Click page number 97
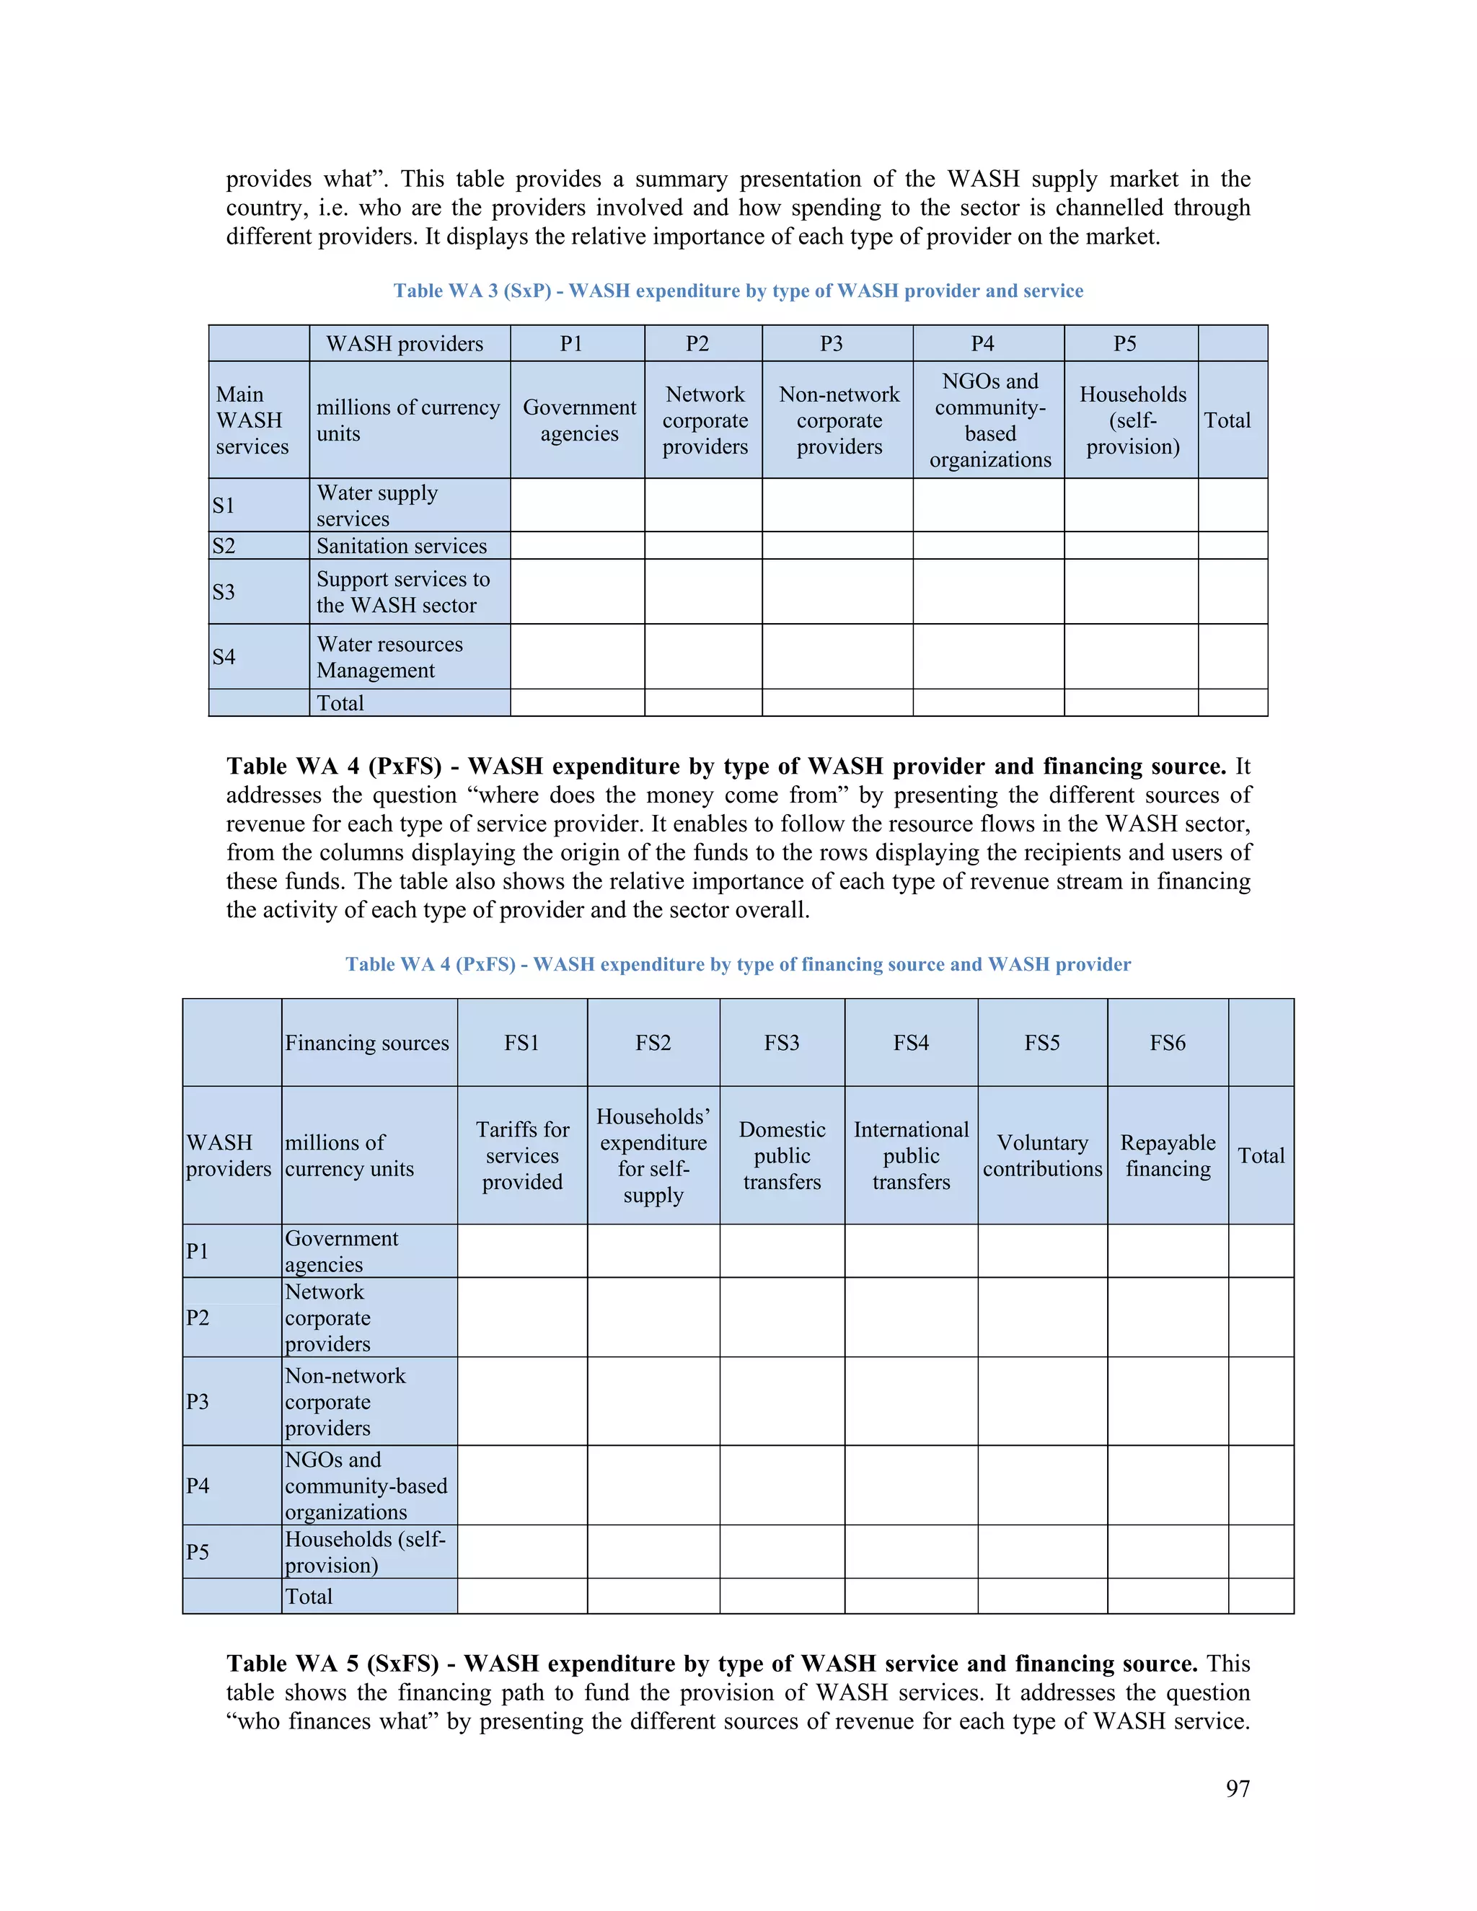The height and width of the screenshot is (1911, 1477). pos(1238,1788)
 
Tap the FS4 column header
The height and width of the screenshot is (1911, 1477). pos(910,1042)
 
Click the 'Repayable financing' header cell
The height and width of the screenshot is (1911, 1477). pos(1168,1155)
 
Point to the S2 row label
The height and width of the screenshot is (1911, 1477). pos(225,546)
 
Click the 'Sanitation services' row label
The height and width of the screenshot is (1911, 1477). pos(402,546)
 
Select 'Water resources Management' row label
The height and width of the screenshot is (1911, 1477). pos(389,656)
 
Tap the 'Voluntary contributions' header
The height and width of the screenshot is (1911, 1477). pos(1041,1155)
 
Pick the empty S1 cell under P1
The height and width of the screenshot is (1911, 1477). pos(578,505)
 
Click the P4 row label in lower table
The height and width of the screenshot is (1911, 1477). pos(198,1485)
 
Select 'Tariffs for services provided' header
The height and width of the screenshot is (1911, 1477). pos(522,1155)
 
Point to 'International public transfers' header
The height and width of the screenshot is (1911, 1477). pos(910,1155)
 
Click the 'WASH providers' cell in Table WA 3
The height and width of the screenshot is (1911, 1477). pos(405,344)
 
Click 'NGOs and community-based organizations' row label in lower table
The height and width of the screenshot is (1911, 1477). pos(366,1485)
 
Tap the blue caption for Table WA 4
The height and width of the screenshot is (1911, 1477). pos(738,964)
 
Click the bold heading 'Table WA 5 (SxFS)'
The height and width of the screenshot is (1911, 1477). pos(332,1664)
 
